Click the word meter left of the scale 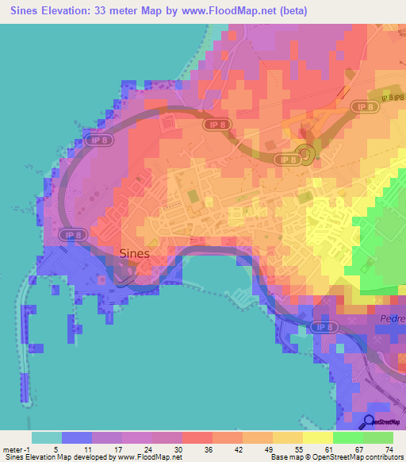pyautogui.click(x=13, y=449)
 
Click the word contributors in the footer pyautogui.click(x=382, y=457)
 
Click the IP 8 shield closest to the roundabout pyautogui.click(x=287, y=160)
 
